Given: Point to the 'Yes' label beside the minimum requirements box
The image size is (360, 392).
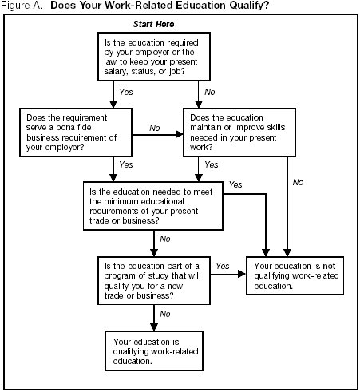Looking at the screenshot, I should tap(235, 184).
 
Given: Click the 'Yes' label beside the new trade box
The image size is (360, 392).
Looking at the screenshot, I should tap(223, 266).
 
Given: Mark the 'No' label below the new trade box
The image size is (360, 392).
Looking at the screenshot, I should tap(166, 314).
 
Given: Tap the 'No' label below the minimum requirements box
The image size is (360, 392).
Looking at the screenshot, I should tap(166, 238).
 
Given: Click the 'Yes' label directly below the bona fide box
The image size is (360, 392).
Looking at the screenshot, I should tap(126, 164).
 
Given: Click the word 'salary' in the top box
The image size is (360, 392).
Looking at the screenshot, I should tap(116, 70).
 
